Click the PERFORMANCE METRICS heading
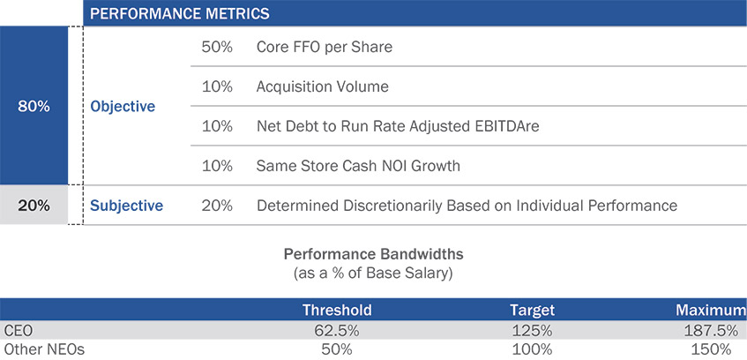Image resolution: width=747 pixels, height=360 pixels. [x=180, y=13]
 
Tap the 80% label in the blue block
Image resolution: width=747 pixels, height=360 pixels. [x=34, y=107]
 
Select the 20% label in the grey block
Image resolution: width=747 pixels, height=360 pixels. [x=34, y=206]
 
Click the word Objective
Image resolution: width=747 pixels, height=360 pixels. [x=123, y=107]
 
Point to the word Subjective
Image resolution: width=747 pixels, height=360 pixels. [x=127, y=206]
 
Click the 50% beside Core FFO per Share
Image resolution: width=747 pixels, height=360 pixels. [x=217, y=47]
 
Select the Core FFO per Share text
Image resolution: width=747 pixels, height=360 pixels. [x=325, y=47]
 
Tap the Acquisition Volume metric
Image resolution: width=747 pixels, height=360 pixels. [x=323, y=86]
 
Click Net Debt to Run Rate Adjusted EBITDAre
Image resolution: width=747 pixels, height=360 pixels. [x=398, y=126]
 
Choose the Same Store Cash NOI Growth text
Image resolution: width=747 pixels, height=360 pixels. [x=358, y=166]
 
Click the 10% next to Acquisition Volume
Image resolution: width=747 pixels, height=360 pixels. [x=217, y=86]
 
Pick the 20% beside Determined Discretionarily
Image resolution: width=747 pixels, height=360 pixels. [x=217, y=206]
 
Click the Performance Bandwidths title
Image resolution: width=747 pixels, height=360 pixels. [x=374, y=253]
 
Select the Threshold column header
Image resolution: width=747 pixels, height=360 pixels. [x=337, y=311]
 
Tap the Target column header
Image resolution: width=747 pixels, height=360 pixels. [x=532, y=311]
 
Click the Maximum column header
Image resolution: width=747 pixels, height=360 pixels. [x=711, y=311]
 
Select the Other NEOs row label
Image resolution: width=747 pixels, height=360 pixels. [x=43, y=349]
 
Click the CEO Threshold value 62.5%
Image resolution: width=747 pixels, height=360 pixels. [x=337, y=330]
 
